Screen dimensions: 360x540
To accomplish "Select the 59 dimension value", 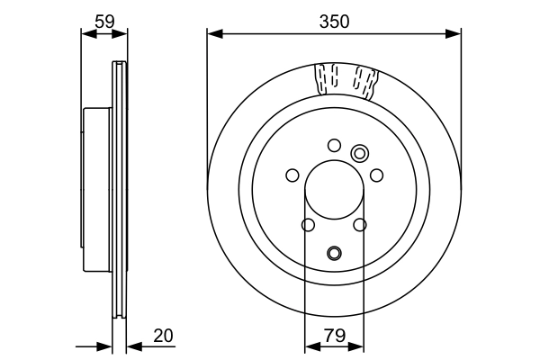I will pyautogui.click(x=104, y=19).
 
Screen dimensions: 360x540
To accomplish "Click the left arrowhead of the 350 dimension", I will pyautogui.click(x=213, y=34).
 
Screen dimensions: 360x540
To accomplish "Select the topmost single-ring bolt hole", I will pyautogui.click(x=334, y=145).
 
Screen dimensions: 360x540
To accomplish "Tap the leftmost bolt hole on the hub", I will pyautogui.click(x=292, y=175).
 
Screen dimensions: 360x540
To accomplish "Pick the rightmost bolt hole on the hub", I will pyautogui.click(x=377, y=175).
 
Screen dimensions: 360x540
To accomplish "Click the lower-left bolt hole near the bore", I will pyautogui.click(x=308, y=225).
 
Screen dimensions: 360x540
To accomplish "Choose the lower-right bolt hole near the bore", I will pyautogui.click(x=360, y=225).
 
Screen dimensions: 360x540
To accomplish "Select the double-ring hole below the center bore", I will pyautogui.click(x=334, y=253).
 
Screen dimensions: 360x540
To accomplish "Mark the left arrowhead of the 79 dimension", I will pyautogui.click(x=310, y=346).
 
